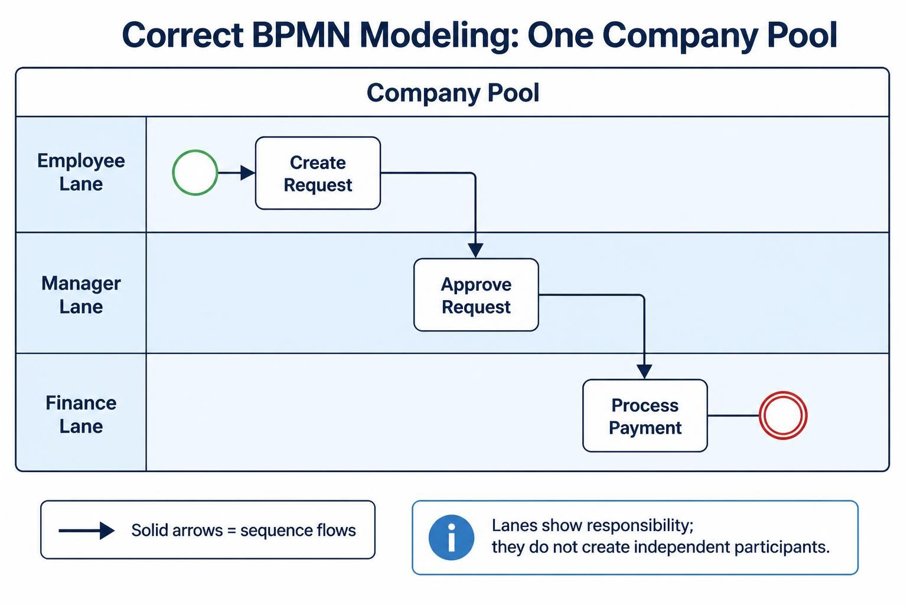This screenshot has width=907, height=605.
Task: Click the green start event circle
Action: pyautogui.click(x=173, y=173)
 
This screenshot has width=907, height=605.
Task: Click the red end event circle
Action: pyautogui.click(x=761, y=415)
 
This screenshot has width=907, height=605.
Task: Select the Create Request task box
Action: pyautogui.click(x=318, y=173)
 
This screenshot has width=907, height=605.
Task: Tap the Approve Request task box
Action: pyautogui.click(x=476, y=295)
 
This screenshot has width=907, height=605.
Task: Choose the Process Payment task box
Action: pyautogui.click(x=645, y=416)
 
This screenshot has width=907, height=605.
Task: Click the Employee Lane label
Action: pyautogui.click(x=81, y=172)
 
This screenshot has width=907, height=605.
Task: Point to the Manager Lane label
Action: pyautogui.click(x=81, y=295)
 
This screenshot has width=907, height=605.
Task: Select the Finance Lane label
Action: pyautogui.click(x=81, y=415)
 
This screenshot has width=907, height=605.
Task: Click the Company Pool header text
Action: pyautogui.click(x=453, y=93)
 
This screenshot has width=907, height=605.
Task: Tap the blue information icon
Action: pyautogui.click(x=452, y=537)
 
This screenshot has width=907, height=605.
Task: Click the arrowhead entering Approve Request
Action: pyautogui.click(x=475, y=251)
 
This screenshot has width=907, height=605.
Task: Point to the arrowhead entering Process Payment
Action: pyautogui.click(x=644, y=372)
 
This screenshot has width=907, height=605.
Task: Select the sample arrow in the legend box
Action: pyautogui.click(x=87, y=531)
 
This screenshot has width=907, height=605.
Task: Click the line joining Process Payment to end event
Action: pyautogui.click(x=733, y=415)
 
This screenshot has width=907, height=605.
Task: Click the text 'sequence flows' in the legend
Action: pyautogui.click(x=298, y=531)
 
